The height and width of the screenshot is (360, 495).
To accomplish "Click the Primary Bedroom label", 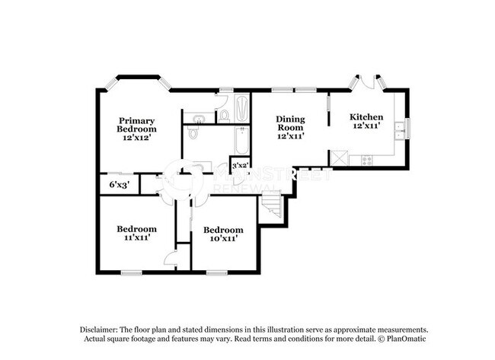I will (x=136, y=125).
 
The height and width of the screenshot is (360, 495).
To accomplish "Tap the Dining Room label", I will (x=290, y=123).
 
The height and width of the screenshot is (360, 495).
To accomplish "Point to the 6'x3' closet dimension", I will (x=118, y=184).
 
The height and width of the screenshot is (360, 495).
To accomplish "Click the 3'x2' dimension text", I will (x=240, y=164).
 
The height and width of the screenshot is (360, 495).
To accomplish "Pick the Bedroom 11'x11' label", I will (x=136, y=233).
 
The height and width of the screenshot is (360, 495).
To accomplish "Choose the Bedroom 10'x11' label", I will (x=223, y=234).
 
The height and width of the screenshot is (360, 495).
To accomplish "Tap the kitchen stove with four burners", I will (x=366, y=160).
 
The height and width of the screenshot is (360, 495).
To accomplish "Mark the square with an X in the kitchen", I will (x=339, y=158).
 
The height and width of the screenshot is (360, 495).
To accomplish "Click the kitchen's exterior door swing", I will (x=367, y=81).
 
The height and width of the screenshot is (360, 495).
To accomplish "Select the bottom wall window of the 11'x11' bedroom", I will (x=131, y=272).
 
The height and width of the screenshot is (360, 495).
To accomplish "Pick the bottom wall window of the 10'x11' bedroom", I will (x=217, y=272).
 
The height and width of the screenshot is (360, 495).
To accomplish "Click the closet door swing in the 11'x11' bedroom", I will (x=171, y=259).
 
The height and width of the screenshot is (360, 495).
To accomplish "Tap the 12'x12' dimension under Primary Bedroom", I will (x=136, y=138).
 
